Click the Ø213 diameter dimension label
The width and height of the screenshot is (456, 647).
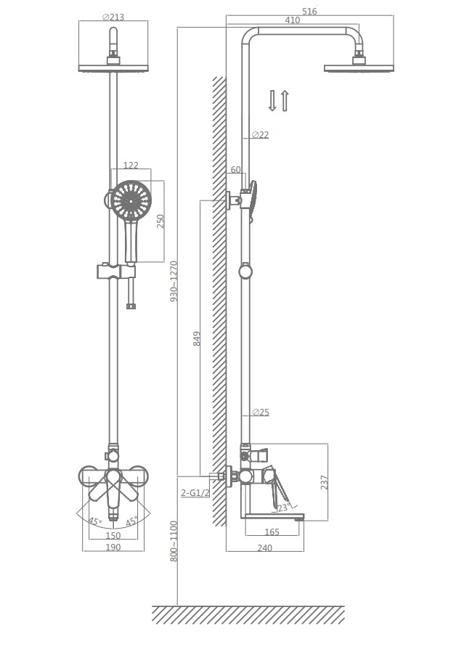[113, 17]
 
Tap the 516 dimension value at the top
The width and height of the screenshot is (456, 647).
[309, 11]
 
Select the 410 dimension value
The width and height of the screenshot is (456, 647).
[292, 20]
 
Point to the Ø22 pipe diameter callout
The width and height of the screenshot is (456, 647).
[260, 134]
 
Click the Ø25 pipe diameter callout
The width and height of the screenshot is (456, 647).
[261, 412]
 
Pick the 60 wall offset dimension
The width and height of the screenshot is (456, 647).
[236, 170]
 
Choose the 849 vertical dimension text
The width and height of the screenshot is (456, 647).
[197, 339]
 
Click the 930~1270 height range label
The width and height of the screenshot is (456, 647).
[174, 281]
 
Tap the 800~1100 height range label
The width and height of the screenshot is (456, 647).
[174, 541]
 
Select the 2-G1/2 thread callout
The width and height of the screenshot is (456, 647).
[195, 492]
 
